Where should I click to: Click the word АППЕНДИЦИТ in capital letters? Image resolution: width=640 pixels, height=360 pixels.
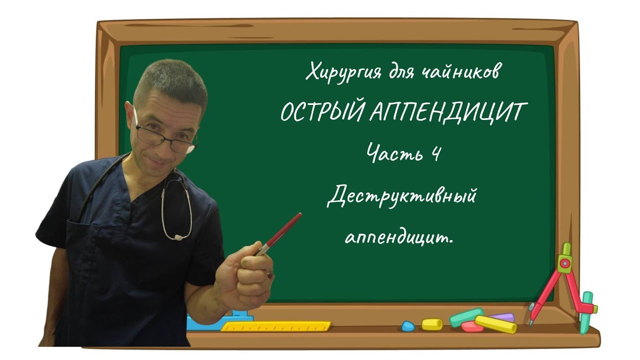pyautogui.click(x=445, y=113)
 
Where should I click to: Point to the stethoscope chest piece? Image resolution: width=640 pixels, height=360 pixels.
pyautogui.click(x=177, y=236)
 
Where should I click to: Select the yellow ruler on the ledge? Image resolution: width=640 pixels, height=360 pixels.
pyautogui.click(x=275, y=326)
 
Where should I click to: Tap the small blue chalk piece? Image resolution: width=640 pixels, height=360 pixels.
pyautogui.click(x=408, y=326)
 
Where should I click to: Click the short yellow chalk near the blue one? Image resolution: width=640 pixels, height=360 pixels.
pyautogui.click(x=432, y=324)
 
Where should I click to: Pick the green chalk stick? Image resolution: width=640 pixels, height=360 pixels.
pyautogui.click(x=466, y=316)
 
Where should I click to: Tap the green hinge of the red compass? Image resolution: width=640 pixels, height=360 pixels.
pyautogui.click(x=565, y=261)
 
